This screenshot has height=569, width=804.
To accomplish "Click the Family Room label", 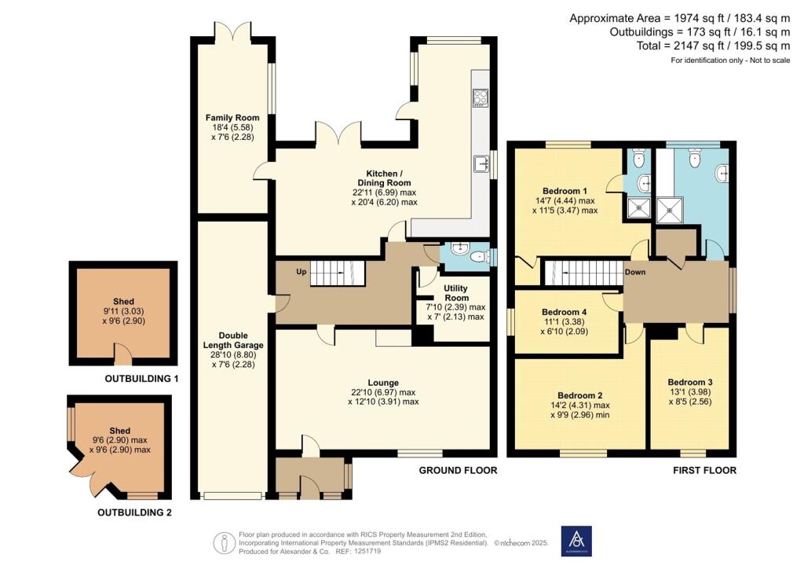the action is tap(232, 118).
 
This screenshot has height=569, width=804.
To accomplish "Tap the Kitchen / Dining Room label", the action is tap(384, 178).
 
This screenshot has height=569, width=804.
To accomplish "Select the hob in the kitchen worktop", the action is tap(481, 97).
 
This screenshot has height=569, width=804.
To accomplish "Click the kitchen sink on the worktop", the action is tap(481, 163).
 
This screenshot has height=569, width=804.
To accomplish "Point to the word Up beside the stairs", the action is tap(301, 271).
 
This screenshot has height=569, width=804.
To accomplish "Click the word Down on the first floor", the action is tap(634, 272).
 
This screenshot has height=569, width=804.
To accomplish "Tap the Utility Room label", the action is tap(456, 293).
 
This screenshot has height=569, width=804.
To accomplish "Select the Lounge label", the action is tap(383, 383).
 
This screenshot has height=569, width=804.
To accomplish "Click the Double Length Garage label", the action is tap(233, 340).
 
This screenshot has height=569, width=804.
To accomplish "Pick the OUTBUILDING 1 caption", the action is tap(141, 379).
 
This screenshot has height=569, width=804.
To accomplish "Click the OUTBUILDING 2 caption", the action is tap(134, 512).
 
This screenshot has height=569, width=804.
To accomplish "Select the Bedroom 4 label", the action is tap(564, 312).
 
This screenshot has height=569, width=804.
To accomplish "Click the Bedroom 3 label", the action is tap(689, 382).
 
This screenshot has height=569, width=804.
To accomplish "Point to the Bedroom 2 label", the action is tap(580, 395).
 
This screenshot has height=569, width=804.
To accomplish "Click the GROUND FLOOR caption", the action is tap(458, 471).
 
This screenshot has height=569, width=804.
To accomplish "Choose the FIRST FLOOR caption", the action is tap(704, 471).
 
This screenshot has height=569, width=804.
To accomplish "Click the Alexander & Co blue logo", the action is tap(576, 541).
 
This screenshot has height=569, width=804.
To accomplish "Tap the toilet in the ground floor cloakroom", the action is tap(480, 256).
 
